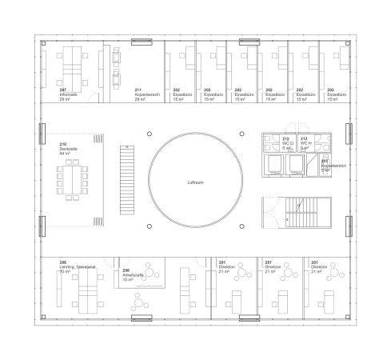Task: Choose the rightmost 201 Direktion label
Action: [x=317, y=265]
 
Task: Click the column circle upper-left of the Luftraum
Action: [x=149, y=134]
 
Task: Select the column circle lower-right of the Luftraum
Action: [x=241, y=226]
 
